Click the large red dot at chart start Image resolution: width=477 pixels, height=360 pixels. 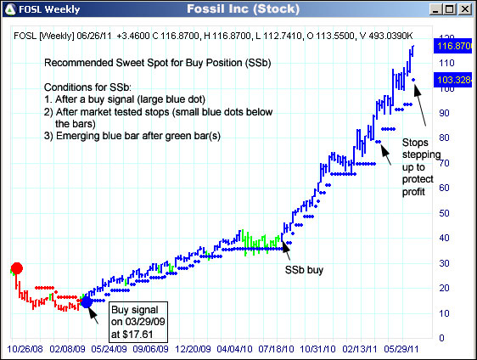(x=16, y=269)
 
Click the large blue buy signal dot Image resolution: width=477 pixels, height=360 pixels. (x=87, y=301)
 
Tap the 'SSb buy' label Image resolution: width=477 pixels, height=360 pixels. (x=301, y=270)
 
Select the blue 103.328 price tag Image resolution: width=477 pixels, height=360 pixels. (x=452, y=79)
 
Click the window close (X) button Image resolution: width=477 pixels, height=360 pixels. (x=466, y=9)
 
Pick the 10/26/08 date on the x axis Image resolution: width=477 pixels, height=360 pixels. (x=27, y=349)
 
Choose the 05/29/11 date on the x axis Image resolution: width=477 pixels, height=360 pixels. (x=407, y=349)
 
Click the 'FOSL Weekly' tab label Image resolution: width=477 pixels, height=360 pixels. (x=41, y=10)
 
